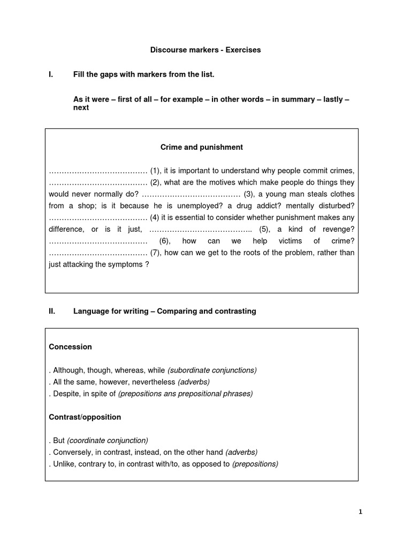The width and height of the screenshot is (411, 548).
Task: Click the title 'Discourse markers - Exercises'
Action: click(x=205, y=50)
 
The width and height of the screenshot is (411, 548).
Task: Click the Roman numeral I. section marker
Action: click(x=51, y=74)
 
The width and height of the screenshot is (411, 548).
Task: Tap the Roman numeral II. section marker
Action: click(x=52, y=311)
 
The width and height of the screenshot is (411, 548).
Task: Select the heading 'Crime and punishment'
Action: click(x=202, y=147)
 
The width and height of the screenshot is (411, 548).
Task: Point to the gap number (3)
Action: click(x=249, y=194)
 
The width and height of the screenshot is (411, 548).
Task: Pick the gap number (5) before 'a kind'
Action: click(x=265, y=229)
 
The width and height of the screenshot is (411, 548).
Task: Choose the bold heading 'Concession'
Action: click(x=70, y=347)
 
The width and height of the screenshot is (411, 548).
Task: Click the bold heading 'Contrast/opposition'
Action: click(x=85, y=417)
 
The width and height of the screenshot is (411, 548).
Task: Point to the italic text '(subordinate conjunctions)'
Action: click(x=212, y=370)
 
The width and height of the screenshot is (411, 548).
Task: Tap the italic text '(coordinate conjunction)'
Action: click(x=108, y=440)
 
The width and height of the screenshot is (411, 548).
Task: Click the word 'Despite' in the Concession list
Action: click(x=66, y=394)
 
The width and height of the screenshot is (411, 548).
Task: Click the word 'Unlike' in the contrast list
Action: click(x=64, y=464)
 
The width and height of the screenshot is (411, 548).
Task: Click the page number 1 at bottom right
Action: click(x=360, y=512)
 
